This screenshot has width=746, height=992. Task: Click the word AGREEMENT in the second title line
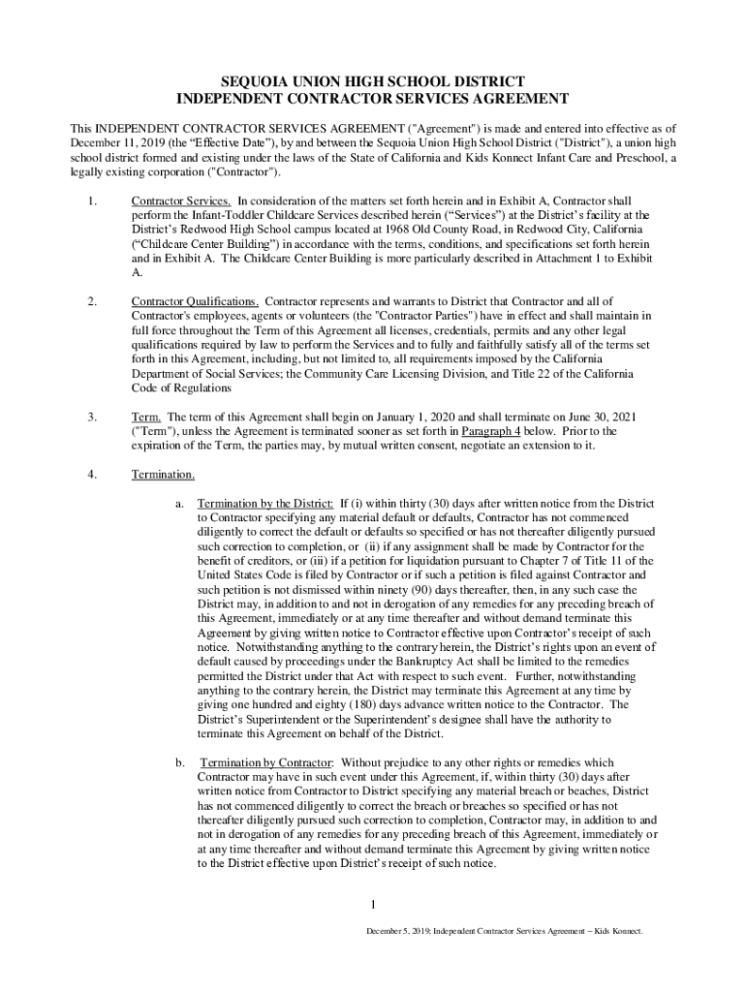click(506, 99)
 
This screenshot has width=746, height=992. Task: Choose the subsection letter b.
click(180, 762)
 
